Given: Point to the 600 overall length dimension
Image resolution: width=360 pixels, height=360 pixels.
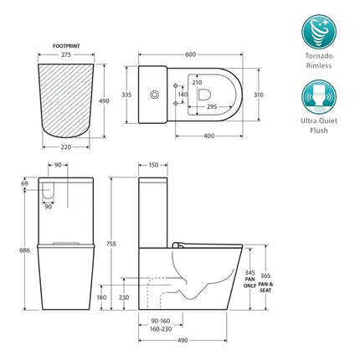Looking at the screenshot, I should [x=190, y=54].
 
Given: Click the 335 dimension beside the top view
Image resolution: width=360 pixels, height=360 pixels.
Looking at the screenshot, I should [x=126, y=95].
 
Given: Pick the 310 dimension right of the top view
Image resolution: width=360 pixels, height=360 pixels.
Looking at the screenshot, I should [x=260, y=95].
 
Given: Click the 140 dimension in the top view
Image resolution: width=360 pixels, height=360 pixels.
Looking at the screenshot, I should [x=183, y=95].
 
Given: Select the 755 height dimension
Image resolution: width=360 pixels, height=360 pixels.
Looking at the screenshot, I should [x=124, y=244].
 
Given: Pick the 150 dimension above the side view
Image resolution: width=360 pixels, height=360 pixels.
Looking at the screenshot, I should [x=153, y=166].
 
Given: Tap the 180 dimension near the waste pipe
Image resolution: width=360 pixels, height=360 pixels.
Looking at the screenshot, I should [x=101, y=296].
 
